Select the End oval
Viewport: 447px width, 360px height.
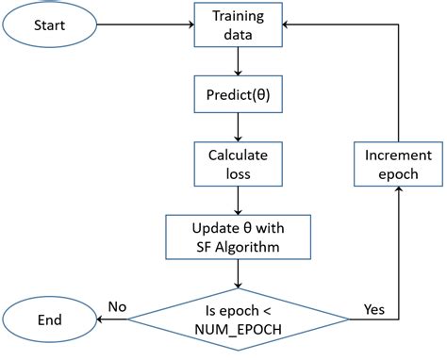coord(50,319)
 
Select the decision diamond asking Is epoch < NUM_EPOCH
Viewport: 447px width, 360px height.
coord(238,319)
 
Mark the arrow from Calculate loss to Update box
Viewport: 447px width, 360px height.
coord(238,200)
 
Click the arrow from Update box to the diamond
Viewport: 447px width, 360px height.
coord(238,270)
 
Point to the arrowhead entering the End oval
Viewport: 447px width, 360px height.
coord(100,319)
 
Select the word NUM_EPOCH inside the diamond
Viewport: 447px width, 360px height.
coord(238,330)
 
